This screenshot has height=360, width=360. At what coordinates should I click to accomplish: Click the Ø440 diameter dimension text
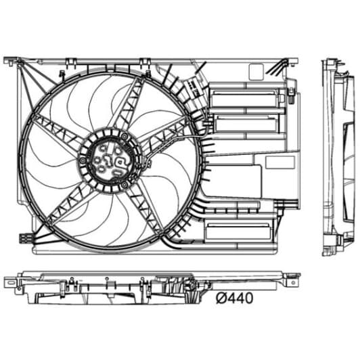tap(235, 298)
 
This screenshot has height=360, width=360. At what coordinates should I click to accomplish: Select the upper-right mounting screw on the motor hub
tap(125, 137)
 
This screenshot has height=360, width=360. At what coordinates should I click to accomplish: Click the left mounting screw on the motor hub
tap(83, 160)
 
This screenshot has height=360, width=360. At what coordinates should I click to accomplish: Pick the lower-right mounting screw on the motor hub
tap(124, 184)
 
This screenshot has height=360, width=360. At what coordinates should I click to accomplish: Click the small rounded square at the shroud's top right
tap(256, 72)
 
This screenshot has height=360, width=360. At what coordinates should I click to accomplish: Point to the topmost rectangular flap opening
tap(245, 99)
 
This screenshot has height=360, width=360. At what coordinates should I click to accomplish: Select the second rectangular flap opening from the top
tap(247, 124)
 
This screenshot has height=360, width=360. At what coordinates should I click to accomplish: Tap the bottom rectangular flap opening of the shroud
tap(238, 231)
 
